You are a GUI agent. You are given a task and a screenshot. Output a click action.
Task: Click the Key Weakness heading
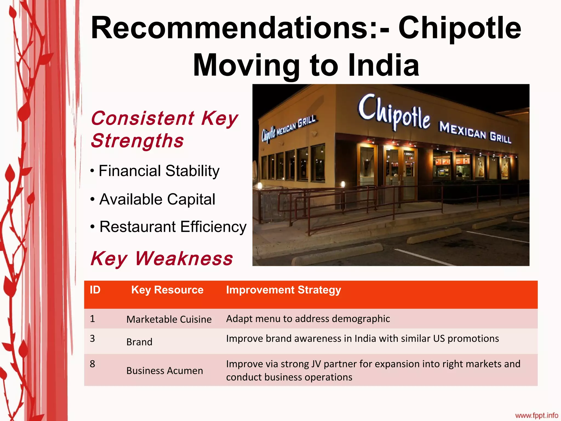coord(162,258)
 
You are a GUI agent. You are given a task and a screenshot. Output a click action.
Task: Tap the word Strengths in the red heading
coord(137,141)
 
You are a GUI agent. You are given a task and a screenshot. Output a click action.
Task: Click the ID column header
coord(95,290)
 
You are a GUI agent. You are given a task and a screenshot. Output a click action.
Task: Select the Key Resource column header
coord(167,290)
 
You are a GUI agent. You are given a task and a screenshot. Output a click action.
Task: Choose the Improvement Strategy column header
coord(284,290)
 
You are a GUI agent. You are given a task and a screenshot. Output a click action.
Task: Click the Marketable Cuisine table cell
coord(169,319)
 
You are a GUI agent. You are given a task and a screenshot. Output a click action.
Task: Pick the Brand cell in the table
coord(139,342)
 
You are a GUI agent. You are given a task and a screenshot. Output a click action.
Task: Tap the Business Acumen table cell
coord(165,371)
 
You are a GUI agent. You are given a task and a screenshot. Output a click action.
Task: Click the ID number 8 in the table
coord(92,364)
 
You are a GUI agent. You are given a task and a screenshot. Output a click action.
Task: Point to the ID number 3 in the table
coord(92,338)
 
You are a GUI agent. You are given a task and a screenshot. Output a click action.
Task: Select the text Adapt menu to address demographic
coord(308,319)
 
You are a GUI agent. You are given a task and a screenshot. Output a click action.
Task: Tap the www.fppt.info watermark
coord(536,415)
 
